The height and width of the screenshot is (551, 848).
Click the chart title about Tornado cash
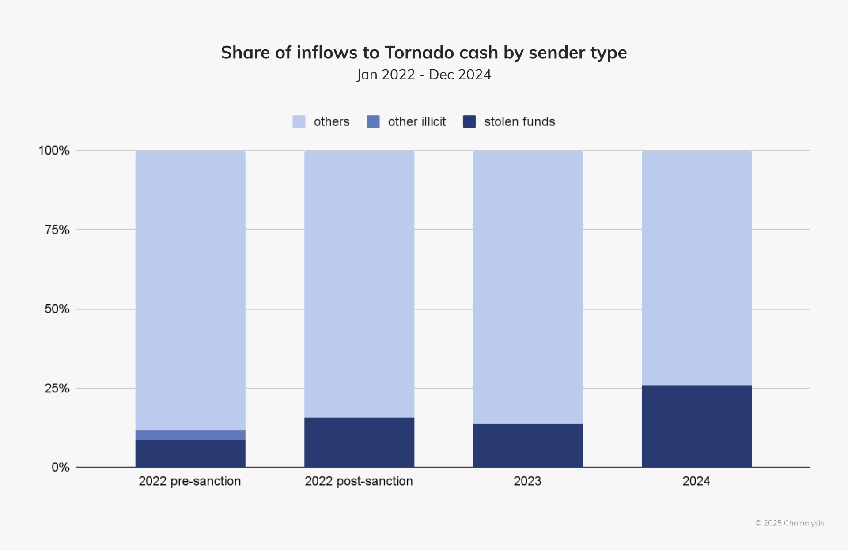tap(424, 53)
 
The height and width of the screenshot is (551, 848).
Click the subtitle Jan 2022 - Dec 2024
tap(424, 75)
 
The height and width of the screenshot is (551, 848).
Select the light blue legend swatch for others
tap(299, 121)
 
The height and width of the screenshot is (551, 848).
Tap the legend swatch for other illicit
tap(373, 121)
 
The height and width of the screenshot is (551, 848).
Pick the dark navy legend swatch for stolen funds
tap(469, 121)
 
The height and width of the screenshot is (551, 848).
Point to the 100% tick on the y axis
tap(54, 151)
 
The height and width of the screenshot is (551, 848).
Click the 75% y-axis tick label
tap(57, 230)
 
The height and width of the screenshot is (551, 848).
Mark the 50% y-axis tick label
tap(57, 309)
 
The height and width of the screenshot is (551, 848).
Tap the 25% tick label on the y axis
tap(57, 389)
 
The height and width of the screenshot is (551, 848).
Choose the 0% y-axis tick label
tap(61, 467)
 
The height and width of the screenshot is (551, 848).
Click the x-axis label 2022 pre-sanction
tap(190, 481)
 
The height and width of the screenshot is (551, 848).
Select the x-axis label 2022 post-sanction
tap(359, 481)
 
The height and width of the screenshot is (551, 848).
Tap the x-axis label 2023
tap(527, 481)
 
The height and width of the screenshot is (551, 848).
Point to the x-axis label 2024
tap(696, 481)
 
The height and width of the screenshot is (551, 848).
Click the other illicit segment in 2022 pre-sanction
tap(190, 435)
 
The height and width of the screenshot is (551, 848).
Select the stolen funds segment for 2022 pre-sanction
tap(190, 453)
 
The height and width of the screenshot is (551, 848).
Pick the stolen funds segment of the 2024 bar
tap(697, 426)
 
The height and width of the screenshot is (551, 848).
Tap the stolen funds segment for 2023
tap(528, 445)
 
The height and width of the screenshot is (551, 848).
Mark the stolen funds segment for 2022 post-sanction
tap(359, 442)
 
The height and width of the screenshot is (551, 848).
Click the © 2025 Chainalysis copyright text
tap(789, 523)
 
